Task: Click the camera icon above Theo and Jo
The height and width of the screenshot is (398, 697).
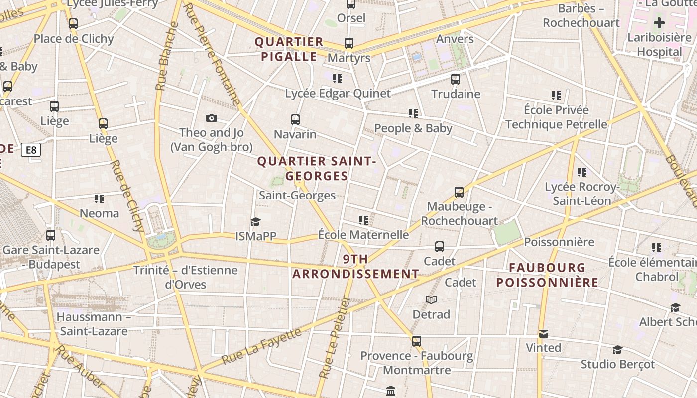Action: [212, 118]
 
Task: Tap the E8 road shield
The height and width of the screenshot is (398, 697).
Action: [31, 150]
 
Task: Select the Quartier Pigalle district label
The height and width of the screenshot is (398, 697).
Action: [289, 49]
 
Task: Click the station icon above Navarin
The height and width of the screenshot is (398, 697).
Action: [295, 119]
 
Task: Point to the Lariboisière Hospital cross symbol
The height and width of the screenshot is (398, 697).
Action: [659, 23]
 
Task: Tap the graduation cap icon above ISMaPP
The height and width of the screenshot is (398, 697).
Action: [255, 222]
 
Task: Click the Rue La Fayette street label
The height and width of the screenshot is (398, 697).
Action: [261, 346]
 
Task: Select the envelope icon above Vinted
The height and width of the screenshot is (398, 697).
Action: [544, 333]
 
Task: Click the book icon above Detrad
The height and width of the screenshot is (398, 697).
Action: [431, 299]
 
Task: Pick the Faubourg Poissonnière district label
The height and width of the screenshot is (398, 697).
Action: [547, 275]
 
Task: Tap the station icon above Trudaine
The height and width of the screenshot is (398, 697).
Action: [456, 79]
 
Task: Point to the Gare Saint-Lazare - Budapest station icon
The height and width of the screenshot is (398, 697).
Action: [51, 235]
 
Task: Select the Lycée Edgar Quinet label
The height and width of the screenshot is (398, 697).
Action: [338, 93]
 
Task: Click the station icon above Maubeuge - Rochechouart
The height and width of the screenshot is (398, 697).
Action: [459, 192]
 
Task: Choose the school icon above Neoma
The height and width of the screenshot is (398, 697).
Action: [99, 199]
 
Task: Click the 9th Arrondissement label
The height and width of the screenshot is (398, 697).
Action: [355, 266]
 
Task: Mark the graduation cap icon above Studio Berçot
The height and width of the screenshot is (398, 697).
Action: [617, 350]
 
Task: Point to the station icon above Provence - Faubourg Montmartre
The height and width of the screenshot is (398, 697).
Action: [417, 341]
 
